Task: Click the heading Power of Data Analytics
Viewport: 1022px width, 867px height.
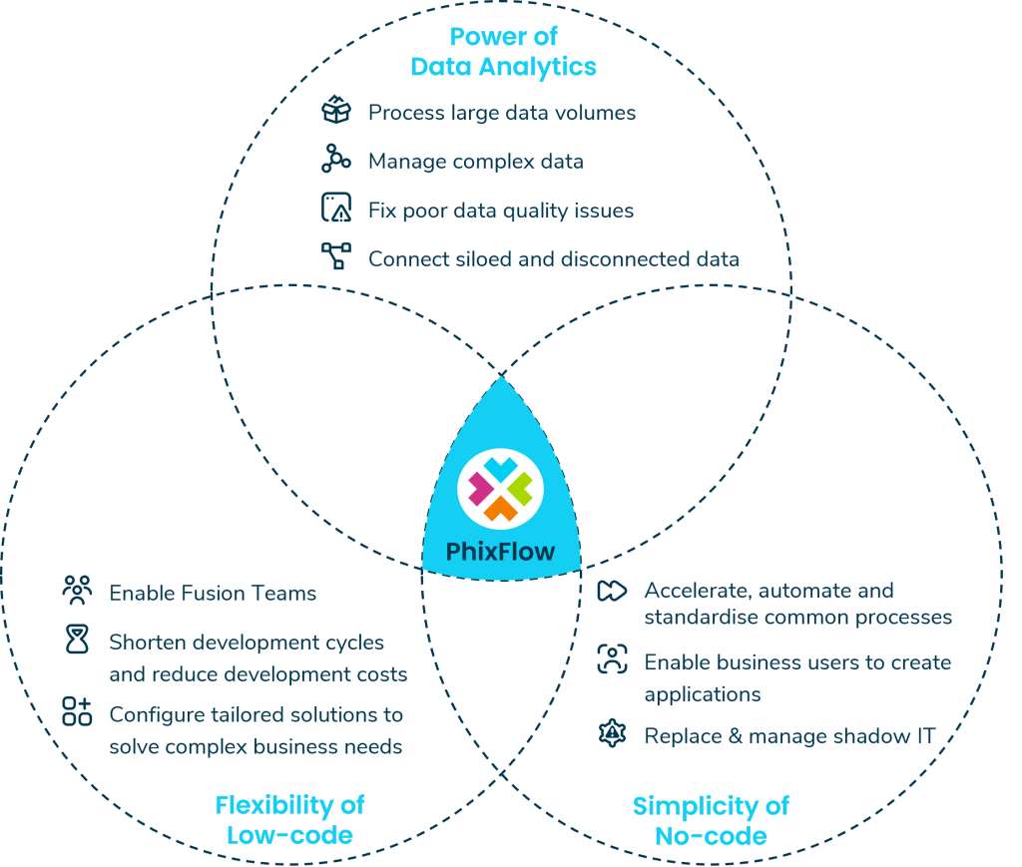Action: (x=503, y=53)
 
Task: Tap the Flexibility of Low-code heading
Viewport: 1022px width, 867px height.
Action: (x=289, y=819)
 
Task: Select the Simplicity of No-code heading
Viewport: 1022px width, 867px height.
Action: (x=711, y=819)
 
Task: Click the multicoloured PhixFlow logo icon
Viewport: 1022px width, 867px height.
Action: (x=500, y=486)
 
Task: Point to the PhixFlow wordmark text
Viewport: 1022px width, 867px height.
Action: (x=501, y=552)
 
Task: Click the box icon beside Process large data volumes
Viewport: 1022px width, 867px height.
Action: (x=336, y=112)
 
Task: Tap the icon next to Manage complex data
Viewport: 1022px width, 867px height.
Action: (x=336, y=160)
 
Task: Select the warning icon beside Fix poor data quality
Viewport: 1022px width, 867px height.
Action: (x=336, y=209)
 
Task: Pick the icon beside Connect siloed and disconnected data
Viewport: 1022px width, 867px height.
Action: (x=336, y=256)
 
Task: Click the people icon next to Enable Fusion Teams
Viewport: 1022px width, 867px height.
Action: (x=77, y=592)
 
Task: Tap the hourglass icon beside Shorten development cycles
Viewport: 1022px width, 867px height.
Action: (x=77, y=642)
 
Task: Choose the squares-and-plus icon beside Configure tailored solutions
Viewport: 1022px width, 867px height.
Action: (x=77, y=711)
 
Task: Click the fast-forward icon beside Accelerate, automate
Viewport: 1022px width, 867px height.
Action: (x=611, y=591)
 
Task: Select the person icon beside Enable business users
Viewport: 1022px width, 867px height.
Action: (x=611, y=659)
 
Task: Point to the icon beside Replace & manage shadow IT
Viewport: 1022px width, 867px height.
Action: (x=611, y=734)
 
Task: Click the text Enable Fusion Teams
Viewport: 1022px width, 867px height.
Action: (x=213, y=593)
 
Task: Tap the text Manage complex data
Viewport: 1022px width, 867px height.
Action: (x=476, y=161)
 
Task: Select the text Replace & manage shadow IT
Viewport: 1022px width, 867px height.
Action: (x=789, y=736)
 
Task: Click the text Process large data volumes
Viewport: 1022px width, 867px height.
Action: (x=502, y=113)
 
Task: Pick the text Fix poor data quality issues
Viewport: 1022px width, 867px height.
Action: (x=501, y=211)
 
